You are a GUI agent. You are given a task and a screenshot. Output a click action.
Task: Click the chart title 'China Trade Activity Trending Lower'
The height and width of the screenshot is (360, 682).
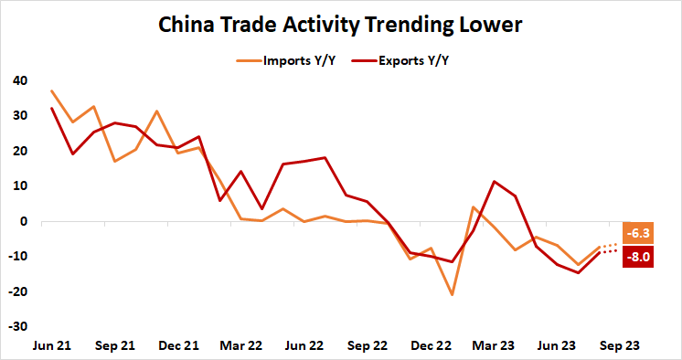click(340, 25)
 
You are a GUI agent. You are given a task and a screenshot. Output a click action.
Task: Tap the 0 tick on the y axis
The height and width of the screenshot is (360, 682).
click(26, 221)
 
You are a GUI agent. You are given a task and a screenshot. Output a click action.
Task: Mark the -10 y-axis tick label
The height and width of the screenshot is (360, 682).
click(18, 256)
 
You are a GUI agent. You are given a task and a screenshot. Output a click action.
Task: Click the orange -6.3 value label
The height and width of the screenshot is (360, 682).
click(636, 233)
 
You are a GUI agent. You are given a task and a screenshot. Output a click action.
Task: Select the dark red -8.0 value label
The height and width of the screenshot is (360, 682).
click(636, 257)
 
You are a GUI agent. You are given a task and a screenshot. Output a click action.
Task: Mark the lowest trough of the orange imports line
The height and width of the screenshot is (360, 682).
click(451, 294)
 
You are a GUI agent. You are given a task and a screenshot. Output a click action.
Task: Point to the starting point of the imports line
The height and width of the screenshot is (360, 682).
click(51, 90)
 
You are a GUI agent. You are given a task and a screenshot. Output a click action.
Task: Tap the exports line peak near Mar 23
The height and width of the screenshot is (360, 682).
click(495, 182)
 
